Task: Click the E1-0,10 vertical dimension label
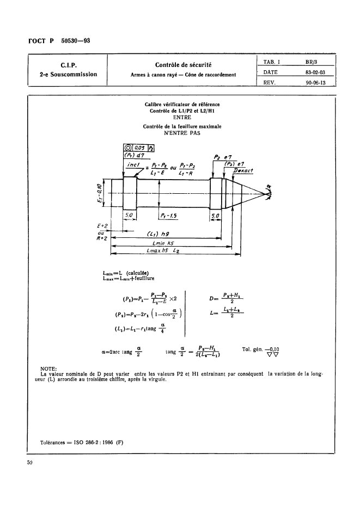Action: (99, 193)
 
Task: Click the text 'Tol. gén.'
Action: (252, 348)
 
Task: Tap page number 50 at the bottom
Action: (30, 463)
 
